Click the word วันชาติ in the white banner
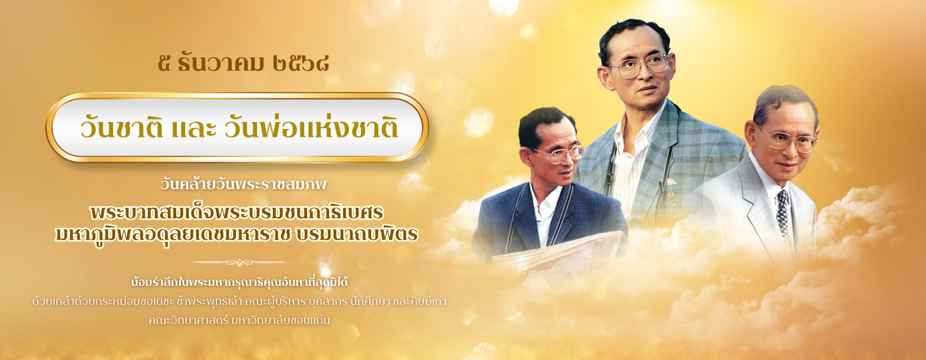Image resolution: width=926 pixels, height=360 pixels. point(122,128)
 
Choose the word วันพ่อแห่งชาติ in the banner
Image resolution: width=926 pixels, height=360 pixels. point(311,128)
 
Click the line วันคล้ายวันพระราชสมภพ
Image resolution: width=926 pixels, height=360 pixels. point(244,184)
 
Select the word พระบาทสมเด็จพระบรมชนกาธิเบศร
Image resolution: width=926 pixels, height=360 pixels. point(237,212)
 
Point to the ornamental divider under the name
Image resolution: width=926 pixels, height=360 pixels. point(239,262)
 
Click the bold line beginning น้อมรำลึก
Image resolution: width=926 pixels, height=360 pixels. point(240,282)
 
